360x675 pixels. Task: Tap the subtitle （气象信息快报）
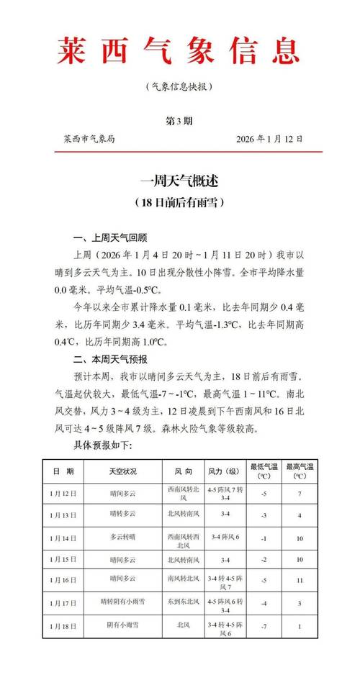[179, 86]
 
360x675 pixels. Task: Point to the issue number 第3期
[179, 119]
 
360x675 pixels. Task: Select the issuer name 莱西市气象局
[89, 139]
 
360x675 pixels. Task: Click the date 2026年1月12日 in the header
[270, 139]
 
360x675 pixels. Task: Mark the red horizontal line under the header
[179, 151]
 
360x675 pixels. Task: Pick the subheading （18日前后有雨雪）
[179, 203]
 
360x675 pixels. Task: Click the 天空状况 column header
[122, 471]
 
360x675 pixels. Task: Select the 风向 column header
[184, 471]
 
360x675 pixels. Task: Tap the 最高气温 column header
[298, 471]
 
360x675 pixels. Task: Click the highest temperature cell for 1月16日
[298, 580]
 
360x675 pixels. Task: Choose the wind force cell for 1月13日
[225, 515]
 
